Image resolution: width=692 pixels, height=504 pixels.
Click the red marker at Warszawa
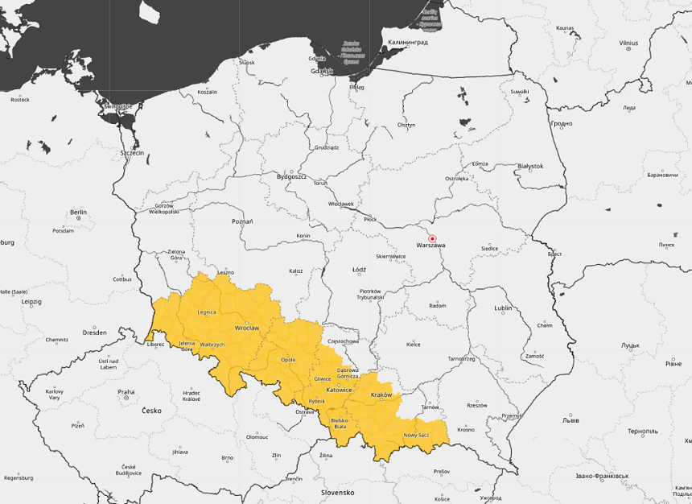coord(432,239)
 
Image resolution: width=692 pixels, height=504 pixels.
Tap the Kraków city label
coord(381,395)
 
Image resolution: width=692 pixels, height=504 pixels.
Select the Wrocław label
coord(246,328)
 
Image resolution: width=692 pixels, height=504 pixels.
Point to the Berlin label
coord(78,213)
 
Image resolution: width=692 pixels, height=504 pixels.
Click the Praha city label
coord(126,393)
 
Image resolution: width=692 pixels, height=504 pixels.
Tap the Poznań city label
coord(242,221)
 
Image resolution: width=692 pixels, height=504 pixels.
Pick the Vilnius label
coord(628,43)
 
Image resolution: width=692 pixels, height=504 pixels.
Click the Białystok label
coord(530,166)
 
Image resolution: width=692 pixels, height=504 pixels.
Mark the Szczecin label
coord(130,152)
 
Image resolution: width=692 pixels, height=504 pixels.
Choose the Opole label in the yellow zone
coord(288,359)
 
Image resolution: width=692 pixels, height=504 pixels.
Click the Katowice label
coord(339,390)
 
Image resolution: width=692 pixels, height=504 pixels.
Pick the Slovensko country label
coord(338,492)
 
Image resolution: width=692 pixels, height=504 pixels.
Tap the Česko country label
coord(151,411)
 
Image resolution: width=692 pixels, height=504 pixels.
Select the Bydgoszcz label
coord(291,176)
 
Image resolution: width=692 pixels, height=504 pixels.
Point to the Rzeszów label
coord(476,405)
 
